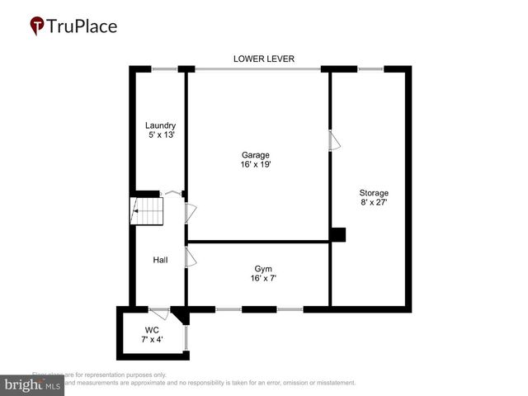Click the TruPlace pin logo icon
point(37,26)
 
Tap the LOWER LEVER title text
point(264,59)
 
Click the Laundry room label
point(160,125)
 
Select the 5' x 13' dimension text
point(160,134)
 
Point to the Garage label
point(255,154)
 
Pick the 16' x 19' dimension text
point(255,164)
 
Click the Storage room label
point(373,193)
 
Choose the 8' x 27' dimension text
point(373,203)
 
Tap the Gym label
point(263,269)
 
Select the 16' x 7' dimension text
point(263,279)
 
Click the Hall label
point(160,260)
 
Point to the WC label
point(152,329)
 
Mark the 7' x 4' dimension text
point(152,339)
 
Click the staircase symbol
point(148,211)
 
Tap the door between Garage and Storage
point(333,141)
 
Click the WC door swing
point(160,313)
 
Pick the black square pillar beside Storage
point(337,235)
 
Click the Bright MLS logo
point(32,385)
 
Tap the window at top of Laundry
point(165,68)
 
